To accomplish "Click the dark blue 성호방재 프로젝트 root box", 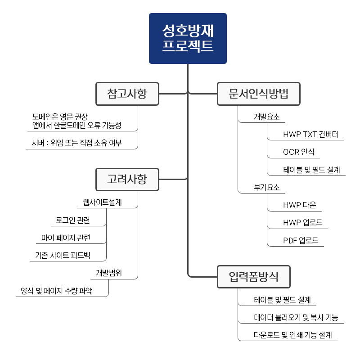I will tap(188, 38).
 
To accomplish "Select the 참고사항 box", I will tap(127, 94).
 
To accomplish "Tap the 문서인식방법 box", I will tap(258, 94).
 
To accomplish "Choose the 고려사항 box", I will tap(127, 179).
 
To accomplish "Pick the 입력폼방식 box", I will tap(253, 277).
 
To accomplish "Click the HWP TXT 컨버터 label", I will tap(310, 135).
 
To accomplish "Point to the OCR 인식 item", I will tap(299, 152).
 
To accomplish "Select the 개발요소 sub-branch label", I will tap(266, 117).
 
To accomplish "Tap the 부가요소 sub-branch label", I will tap(266, 187).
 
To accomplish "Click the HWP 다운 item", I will tap(300, 205).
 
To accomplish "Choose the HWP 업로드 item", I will tap(302, 223).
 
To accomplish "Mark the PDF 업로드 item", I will tap(301, 241).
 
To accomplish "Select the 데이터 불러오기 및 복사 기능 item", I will tap(296, 318).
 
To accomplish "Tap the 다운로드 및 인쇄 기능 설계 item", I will tap(292, 335).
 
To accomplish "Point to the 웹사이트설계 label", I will tap(102, 202).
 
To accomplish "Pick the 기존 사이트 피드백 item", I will tap(63, 256).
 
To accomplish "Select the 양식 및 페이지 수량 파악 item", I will tap(56, 291).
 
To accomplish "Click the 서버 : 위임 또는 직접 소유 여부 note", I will tap(77, 144).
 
